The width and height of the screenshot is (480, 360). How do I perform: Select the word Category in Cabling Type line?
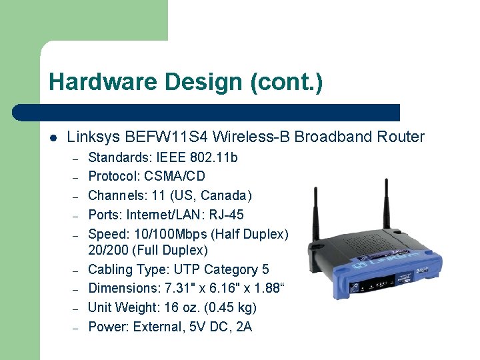(233, 269)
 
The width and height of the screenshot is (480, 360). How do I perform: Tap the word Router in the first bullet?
(399, 137)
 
